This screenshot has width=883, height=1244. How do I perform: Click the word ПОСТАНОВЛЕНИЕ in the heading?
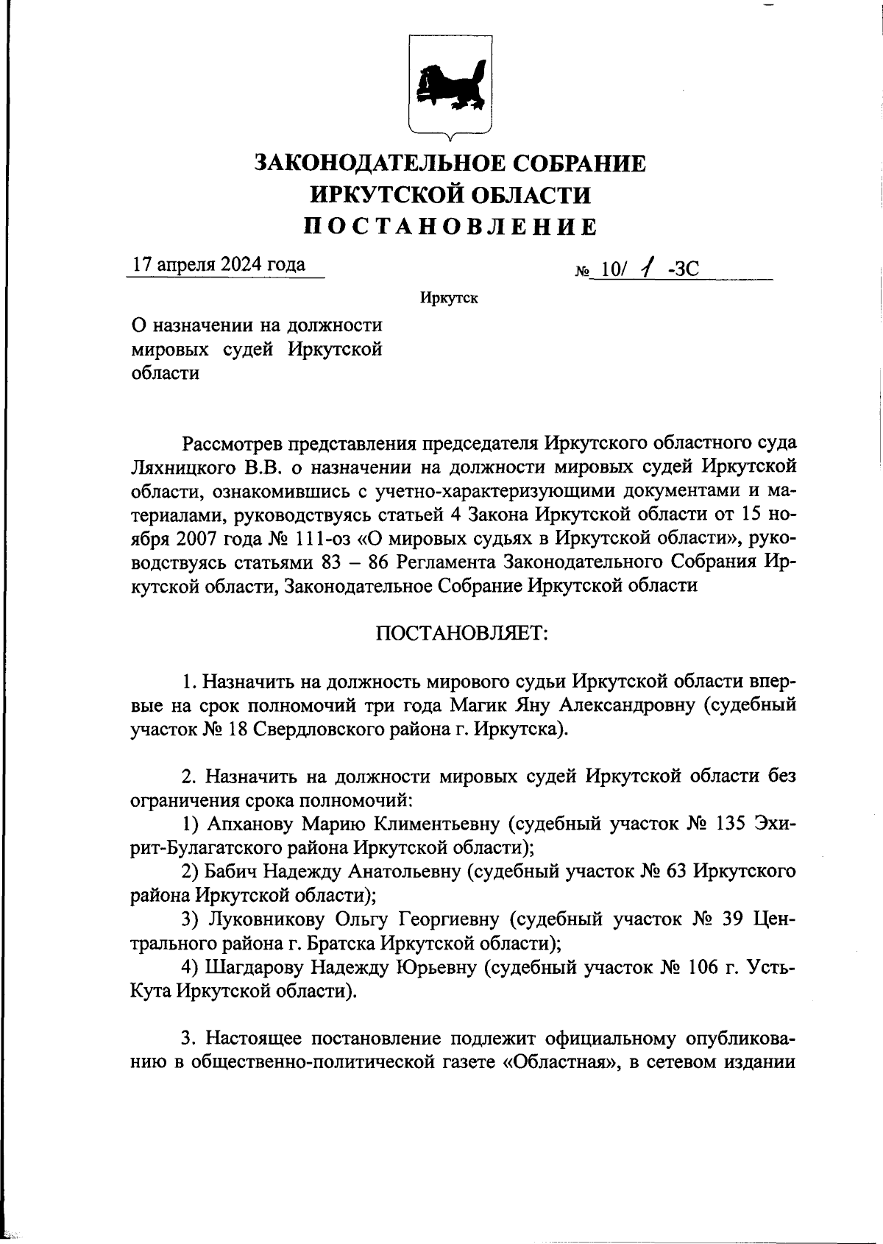[450, 227]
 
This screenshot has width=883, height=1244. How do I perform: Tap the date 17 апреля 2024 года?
[219, 265]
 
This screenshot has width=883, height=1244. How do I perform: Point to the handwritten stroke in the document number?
[646, 269]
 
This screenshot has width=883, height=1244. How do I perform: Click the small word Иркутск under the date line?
[449, 299]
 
